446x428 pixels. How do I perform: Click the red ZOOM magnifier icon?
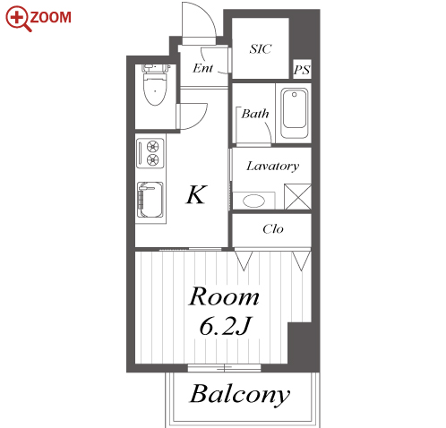pos(18,18)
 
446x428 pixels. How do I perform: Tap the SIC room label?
pos(261,49)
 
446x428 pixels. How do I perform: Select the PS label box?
pos(302,70)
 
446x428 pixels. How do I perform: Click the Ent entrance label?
pos(202,68)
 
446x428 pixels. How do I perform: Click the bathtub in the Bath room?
pos(295,113)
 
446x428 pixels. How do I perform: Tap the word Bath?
pos(255,114)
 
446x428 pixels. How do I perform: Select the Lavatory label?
pos(272,166)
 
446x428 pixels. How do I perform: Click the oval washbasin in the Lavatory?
pos(253,201)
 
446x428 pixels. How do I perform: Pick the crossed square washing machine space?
pos(297,197)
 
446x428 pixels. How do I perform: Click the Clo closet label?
pos(273,229)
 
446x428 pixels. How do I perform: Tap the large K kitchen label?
pos(196,194)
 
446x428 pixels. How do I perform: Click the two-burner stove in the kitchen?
pos(150,153)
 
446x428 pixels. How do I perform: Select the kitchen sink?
pos(150,200)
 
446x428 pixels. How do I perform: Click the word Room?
pos(224,296)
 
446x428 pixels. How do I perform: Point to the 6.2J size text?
pos(226,326)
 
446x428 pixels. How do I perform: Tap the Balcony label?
pos(240,395)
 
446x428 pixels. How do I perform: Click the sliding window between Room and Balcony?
pos(224,368)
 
